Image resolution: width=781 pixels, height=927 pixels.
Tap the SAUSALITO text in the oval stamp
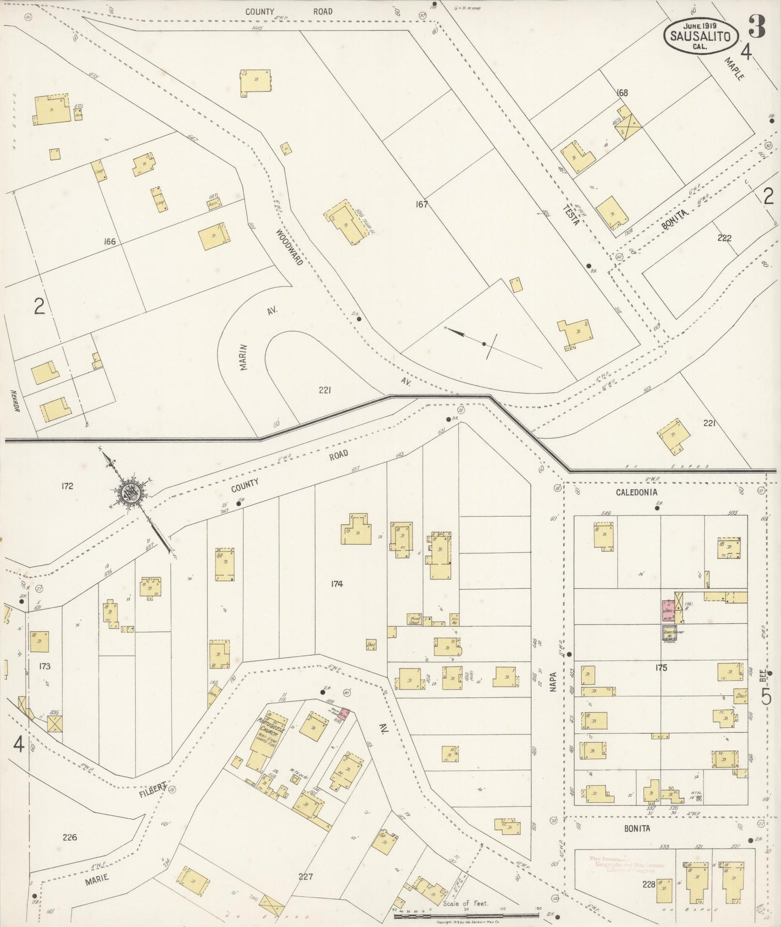tap(700, 37)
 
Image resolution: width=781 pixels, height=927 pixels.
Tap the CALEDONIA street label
tap(637, 492)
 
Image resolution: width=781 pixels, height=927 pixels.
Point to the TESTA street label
tap(570, 215)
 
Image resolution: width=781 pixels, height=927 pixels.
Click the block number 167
tap(422, 204)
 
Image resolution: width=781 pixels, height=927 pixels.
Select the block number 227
tap(305, 877)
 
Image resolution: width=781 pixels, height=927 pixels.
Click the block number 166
tap(110, 241)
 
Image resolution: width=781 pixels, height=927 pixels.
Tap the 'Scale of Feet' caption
tap(465, 903)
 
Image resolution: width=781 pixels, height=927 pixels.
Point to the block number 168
tap(622, 92)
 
